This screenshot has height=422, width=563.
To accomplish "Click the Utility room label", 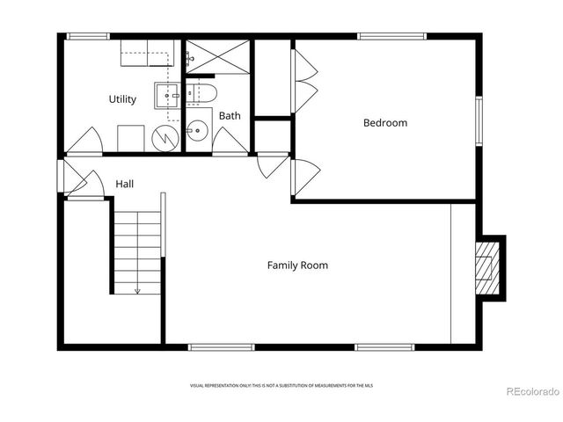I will tap(122, 99).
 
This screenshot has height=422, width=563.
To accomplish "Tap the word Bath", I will tap(230, 116).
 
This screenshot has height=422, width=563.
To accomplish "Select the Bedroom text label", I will tap(385, 123).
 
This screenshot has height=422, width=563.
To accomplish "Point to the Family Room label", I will tap(298, 265).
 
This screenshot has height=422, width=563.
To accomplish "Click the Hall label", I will tap(125, 185).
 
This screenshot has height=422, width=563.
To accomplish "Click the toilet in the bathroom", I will tap(201, 94).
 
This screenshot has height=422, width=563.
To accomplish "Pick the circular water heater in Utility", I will tap(165, 137).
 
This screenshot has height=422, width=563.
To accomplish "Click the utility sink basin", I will tap(167, 93).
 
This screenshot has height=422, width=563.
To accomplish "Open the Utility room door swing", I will tap(88, 141).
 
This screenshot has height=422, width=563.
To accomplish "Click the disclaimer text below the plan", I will tap(281, 385).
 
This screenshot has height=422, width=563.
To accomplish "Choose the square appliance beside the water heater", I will tap(131, 137).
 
